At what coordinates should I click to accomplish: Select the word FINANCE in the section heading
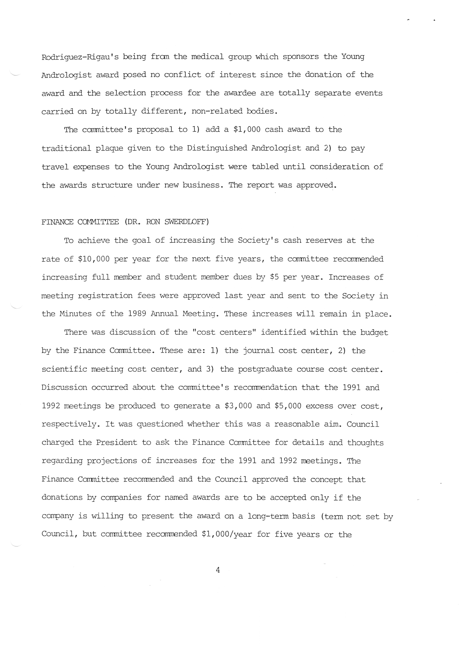pyautogui.click(x=57, y=222)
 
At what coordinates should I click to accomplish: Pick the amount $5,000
pyautogui.click(x=288, y=406)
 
